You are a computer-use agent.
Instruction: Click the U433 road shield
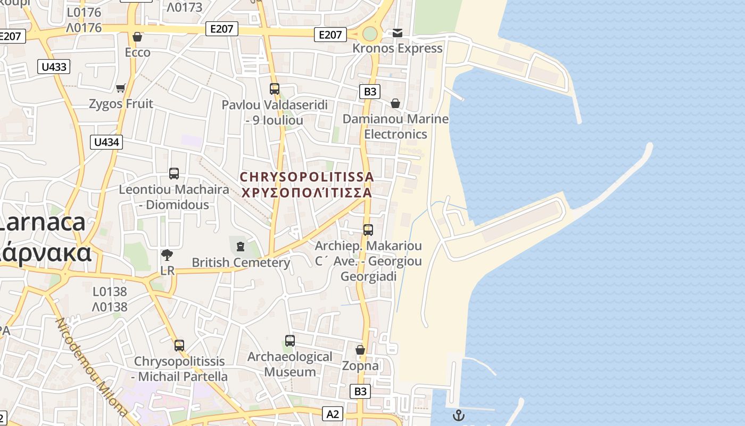point(54,67)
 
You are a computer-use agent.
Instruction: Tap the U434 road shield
point(106,142)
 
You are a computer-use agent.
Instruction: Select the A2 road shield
point(333,414)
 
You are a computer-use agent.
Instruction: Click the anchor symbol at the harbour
point(458,415)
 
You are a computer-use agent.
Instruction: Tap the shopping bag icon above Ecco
point(137,37)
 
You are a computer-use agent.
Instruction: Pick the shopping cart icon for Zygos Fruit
point(121,88)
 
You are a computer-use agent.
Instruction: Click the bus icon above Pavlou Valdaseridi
point(275,89)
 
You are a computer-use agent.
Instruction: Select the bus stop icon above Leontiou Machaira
point(174,173)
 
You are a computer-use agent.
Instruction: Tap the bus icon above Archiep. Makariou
point(368,230)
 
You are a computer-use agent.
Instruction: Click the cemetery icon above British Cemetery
point(241,246)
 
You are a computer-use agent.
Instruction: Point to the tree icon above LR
point(167,255)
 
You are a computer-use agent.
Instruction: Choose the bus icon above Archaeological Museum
point(290,340)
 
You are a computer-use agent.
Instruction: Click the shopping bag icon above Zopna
point(360,350)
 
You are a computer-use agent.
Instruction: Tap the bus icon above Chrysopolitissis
point(179,345)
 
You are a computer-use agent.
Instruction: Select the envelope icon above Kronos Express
point(398,33)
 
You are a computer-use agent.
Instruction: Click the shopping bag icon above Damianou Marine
point(395,103)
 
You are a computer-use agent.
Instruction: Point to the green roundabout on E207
point(370,34)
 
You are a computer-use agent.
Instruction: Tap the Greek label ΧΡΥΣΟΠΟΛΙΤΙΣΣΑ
point(307,193)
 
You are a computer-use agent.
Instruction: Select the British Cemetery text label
point(241,263)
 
